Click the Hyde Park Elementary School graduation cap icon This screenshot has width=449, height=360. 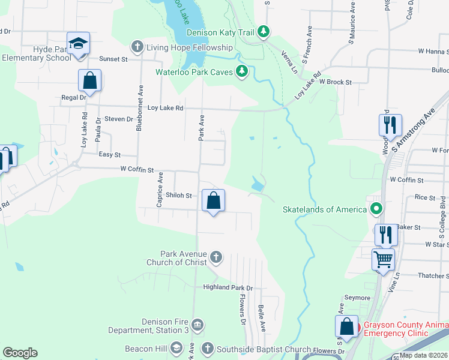(x=78, y=44)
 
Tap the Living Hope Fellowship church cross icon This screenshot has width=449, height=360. (x=137, y=47)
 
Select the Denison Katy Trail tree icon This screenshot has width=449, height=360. (x=263, y=31)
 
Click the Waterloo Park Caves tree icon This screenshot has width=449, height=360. (x=242, y=72)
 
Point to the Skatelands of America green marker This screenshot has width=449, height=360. (x=376, y=209)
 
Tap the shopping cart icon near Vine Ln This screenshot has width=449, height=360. (x=383, y=260)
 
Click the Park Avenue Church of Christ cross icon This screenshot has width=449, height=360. (x=216, y=258)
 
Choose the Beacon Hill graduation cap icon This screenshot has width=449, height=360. (x=176, y=349)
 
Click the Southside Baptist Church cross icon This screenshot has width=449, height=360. (x=207, y=349)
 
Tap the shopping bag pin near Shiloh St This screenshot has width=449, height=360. (x=213, y=200)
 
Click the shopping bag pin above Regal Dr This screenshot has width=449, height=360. (x=89, y=81)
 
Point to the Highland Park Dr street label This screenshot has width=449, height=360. (x=228, y=288)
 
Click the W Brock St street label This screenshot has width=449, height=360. (x=335, y=82)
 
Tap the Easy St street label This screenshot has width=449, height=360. (x=110, y=155)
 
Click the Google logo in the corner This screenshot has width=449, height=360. (x=20, y=353)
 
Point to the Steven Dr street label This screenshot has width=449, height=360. (x=119, y=119)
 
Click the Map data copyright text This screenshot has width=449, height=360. (x=424, y=355)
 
